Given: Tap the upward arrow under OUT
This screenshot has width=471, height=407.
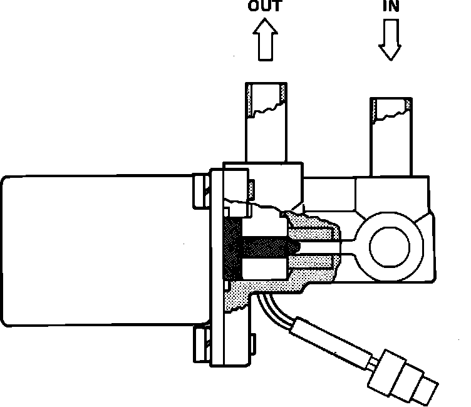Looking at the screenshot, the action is click(x=265, y=41).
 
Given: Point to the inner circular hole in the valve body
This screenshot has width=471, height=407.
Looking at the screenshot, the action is click(x=391, y=246).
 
